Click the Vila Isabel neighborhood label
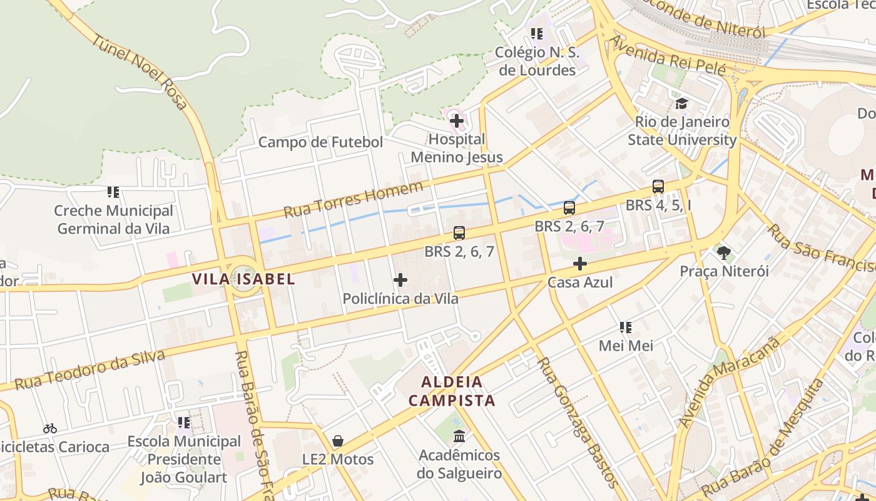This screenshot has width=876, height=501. [x=243, y=279]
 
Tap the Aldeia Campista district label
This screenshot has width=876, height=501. [x=452, y=391]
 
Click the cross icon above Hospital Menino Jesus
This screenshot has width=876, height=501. [x=457, y=120]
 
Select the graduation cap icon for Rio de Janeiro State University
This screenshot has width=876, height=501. [x=681, y=103]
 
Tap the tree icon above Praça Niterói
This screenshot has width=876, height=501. [x=725, y=253]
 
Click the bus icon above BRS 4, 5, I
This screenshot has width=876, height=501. [x=658, y=187]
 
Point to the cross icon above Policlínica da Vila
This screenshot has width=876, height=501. [x=400, y=280]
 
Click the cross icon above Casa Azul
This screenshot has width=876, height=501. [x=580, y=264]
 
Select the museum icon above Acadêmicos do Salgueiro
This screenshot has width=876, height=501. [x=459, y=436]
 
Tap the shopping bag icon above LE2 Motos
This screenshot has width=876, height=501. [x=338, y=441]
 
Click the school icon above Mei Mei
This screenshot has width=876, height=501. [x=625, y=327]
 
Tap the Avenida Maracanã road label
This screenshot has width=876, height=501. [x=730, y=383]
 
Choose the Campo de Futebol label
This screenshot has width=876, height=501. [x=320, y=142]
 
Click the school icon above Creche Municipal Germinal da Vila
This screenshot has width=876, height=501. [x=113, y=192]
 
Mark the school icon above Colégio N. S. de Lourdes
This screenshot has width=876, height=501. [x=537, y=34]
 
